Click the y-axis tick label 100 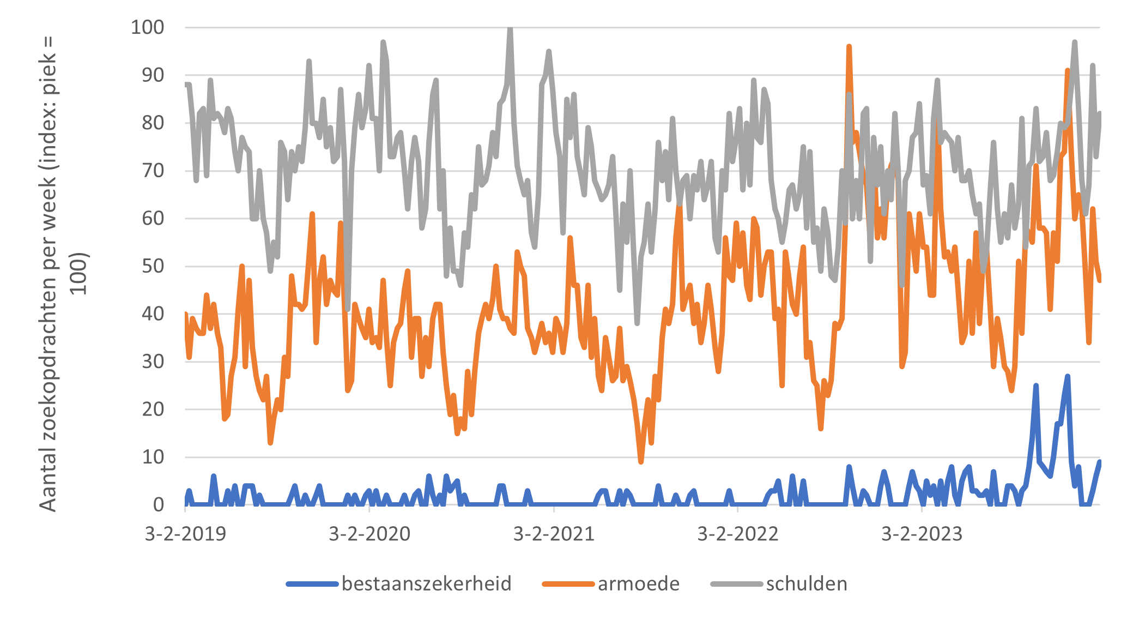(x=147, y=27)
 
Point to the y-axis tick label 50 (x=153, y=266)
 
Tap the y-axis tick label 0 (x=159, y=505)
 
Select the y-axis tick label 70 (x=153, y=171)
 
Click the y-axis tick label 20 (x=153, y=410)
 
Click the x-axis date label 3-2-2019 (x=185, y=534)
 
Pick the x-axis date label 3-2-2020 (x=369, y=534)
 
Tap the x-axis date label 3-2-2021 (x=554, y=534)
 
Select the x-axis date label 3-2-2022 (x=738, y=534)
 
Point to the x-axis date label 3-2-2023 (x=922, y=534)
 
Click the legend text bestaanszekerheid (x=427, y=584)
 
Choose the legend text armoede (x=639, y=584)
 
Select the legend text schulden (x=807, y=584)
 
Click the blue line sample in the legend (x=312, y=585)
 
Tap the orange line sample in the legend (x=568, y=585)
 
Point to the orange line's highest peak (x=849, y=47)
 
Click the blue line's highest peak (x=1068, y=376)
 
